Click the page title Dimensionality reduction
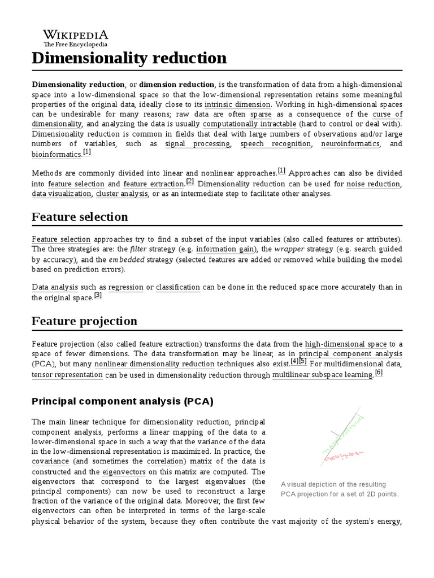point(129,58)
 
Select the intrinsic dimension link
point(238,104)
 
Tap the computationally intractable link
point(249,124)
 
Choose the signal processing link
point(197,144)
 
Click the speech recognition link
point(275,144)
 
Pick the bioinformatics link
point(57,154)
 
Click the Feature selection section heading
point(80,217)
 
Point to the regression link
point(125,287)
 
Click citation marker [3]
point(98,295)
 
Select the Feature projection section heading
point(84,321)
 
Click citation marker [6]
point(379,373)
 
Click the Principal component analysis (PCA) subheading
point(123,401)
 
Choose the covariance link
point(50,461)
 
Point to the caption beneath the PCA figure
point(340,489)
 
